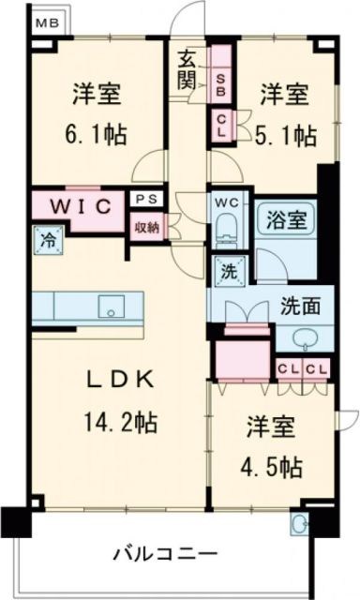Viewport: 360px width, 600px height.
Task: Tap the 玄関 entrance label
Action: coord(187,71)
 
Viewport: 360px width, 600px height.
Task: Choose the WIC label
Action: coord(77,203)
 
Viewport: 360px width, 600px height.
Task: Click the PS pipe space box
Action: coord(144,199)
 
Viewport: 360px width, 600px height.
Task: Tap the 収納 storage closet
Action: coord(145,226)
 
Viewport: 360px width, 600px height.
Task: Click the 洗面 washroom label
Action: coord(300,306)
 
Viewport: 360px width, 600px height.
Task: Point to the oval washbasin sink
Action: coord(304,338)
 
